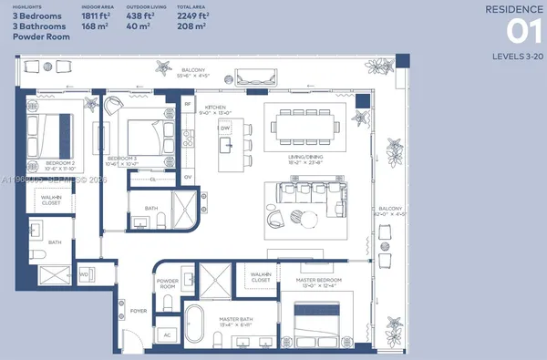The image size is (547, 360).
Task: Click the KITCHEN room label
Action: [215, 108]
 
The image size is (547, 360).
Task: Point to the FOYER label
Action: [139, 311]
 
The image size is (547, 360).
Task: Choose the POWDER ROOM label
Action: [168, 283]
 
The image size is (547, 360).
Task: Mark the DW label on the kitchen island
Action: [224, 129]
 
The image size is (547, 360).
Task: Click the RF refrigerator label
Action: [189, 105]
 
